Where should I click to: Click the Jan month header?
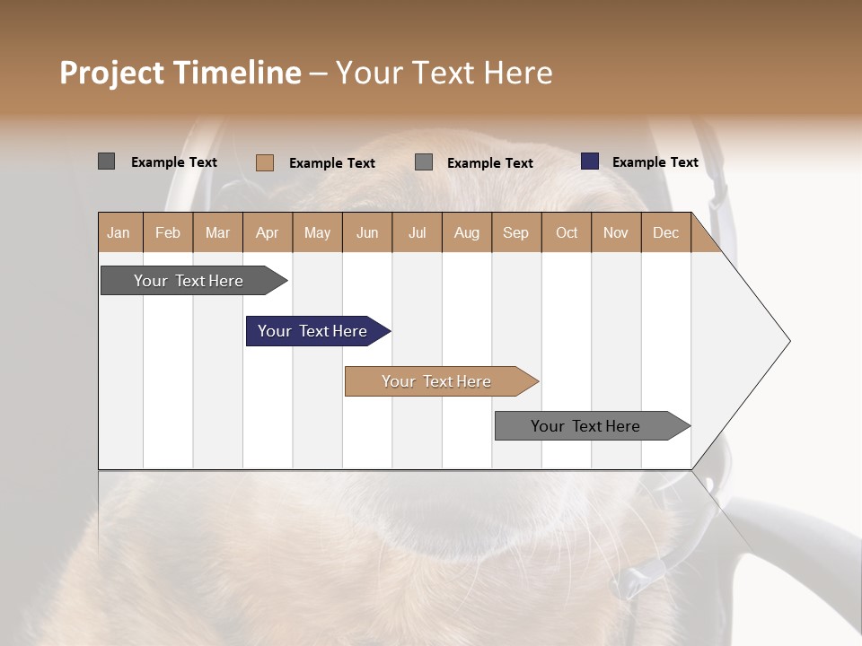[x=119, y=232]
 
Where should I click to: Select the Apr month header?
[x=267, y=232]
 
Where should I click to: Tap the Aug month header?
[x=466, y=232]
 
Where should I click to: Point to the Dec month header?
[x=665, y=232]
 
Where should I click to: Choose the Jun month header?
[x=366, y=232]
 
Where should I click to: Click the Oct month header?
[x=566, y=232]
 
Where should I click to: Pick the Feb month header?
[x=168, y=232]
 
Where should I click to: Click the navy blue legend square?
[x=590, y=161]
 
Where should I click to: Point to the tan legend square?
[x=264, y=162]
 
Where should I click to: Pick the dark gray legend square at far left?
[x=106, y=161]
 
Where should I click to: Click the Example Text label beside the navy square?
[x=655, y=162]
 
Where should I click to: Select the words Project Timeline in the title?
[x=180, y=73]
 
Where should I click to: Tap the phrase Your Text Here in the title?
[x=444, y=73]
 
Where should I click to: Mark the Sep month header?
[x=515, y=232]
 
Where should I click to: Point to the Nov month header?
[x=615, y=232]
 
